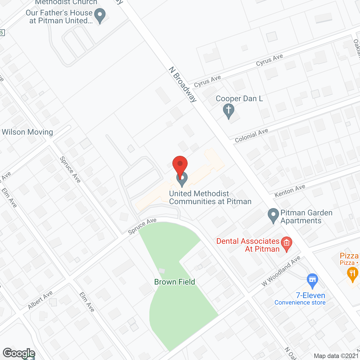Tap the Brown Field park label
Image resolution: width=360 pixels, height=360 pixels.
pos(175,282)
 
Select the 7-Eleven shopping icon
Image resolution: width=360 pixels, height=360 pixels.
pos(312,280)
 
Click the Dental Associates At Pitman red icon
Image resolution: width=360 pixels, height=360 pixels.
pos(287,244)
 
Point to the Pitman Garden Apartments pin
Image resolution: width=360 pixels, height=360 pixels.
pos(273,215)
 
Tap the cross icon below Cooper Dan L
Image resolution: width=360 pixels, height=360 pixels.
pos(229,111)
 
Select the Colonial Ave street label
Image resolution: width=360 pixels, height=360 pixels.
pos(251,136)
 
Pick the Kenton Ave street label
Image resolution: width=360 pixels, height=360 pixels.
pos(290,191)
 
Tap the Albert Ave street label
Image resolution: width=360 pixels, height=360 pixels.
pos(40,300)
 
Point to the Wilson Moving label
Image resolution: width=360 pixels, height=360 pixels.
pos(27,132)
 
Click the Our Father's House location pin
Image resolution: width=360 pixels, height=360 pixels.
pos(100,15)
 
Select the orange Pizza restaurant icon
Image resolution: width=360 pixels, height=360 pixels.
pos(352,274)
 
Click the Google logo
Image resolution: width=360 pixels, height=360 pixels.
pos(19,353)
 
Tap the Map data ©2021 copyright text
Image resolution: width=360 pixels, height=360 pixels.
pos(336,356)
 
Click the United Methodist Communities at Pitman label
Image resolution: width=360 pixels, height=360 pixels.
pos(210,197)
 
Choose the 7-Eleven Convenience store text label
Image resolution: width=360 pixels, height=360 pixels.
pos(300,299)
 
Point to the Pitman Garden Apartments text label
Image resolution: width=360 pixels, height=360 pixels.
pos(306,217)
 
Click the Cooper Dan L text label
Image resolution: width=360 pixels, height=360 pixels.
pos(239,99)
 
